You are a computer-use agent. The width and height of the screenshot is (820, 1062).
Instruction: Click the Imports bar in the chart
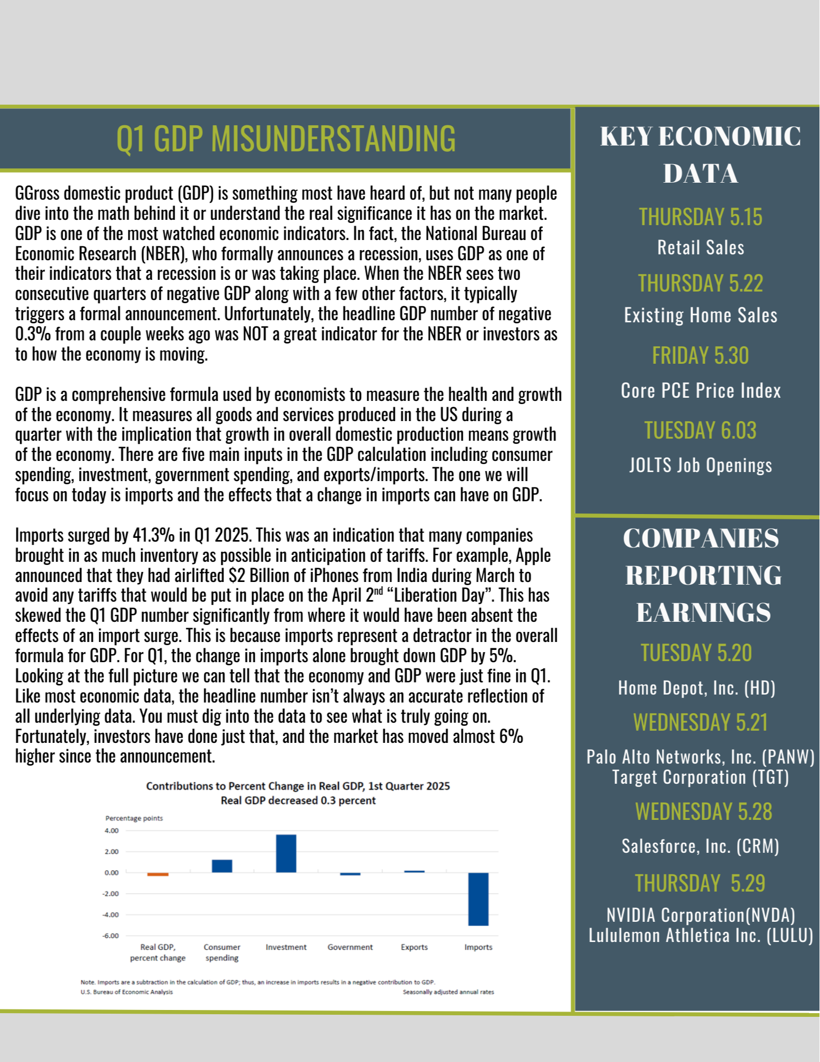[478, 899]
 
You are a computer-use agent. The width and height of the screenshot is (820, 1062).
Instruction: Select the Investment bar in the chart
[286, 853]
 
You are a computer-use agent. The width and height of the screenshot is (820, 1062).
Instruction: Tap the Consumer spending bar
[222, 866]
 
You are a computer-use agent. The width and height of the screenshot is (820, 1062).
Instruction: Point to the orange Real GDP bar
[158, 874]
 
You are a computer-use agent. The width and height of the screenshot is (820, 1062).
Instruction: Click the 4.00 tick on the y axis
[111, 830]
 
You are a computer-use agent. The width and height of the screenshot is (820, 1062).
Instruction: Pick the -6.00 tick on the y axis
[111, 936]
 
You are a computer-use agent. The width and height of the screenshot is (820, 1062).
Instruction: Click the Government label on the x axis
[350, 947]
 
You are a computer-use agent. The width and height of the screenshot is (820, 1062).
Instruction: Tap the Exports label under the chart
[414, 947]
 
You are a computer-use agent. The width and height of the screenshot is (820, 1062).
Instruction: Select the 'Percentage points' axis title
[134, 818]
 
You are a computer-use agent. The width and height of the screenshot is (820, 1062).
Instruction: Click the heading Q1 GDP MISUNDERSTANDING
[286, 139]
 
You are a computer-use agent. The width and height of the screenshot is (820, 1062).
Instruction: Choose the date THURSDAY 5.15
[700, 217]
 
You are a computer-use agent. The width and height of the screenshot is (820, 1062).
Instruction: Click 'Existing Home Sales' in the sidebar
[700, 315]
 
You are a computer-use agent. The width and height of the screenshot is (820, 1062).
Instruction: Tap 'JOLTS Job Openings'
[700, 465]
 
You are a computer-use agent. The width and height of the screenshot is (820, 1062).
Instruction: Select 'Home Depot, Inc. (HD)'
[696, 688]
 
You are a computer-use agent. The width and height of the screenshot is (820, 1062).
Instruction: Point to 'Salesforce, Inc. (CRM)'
[700, 846]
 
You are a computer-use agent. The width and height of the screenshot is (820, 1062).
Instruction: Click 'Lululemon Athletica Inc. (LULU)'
[700, 936]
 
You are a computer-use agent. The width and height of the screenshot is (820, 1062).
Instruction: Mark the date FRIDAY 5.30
[700, 356]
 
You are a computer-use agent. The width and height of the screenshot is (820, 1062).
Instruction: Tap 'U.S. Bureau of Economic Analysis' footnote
[127, 992]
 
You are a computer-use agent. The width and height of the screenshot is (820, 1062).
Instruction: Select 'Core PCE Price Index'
[700, 391]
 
